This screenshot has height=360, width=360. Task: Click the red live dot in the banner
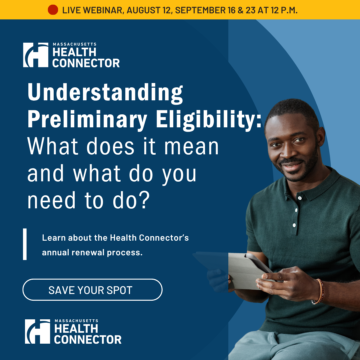(53, 10)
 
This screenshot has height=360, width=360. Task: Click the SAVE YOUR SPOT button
(93, 290)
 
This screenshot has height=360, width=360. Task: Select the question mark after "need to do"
(145, 200)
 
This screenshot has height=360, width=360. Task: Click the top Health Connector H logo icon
(36, 55)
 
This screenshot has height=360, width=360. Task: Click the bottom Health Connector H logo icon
(37, 331)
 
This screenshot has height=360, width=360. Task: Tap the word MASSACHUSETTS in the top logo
(75, 44)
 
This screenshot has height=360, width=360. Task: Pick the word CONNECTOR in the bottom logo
(88, 340)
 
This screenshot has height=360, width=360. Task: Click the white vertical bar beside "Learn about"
(25, 244)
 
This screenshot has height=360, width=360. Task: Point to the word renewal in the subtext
(88, 253)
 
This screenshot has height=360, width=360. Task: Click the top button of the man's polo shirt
(300, 198)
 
